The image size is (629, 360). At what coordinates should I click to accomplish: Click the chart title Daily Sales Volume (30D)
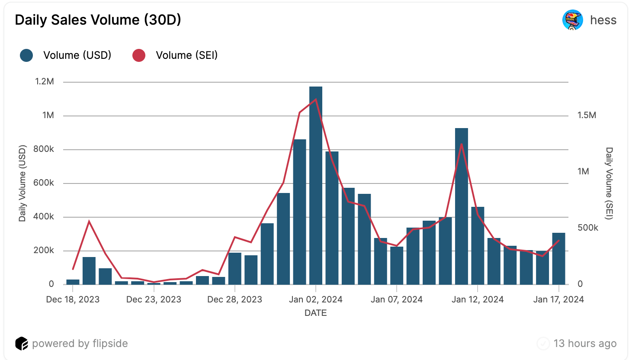pyautogui.click(x=98, y=20)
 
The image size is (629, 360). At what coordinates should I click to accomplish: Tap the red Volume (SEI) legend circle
pyautogui.click(x=138, y=55)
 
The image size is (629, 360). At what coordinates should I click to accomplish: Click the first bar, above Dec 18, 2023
pyautogui.click(x=73, y=282)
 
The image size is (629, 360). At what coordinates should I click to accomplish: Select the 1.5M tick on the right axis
pyautogui.click(x=587, y=116)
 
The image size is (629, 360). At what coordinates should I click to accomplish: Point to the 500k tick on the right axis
pyautogui.click(x=588, y=228)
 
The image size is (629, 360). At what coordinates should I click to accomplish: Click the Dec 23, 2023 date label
pyautogui.click(x=154, y=299)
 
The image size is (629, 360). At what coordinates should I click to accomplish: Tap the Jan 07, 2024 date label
pyautogui.click(x=397, y=299)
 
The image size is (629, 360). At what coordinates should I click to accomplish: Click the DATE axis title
pyautogui.click(x=316, y=313)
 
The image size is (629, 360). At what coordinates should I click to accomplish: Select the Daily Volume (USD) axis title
pyautogui.click(x=23, y=183)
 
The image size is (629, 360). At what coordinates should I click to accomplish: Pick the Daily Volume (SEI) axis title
pyautogui.click(x=609, y=183)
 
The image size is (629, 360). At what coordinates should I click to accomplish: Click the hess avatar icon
pyautogui.click(x=572, y=20)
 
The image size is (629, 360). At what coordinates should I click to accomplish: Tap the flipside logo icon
pyautogui.click(x=22, y=344)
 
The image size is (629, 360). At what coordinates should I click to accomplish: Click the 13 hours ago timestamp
pyautogui.click(x=585, y=344)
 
